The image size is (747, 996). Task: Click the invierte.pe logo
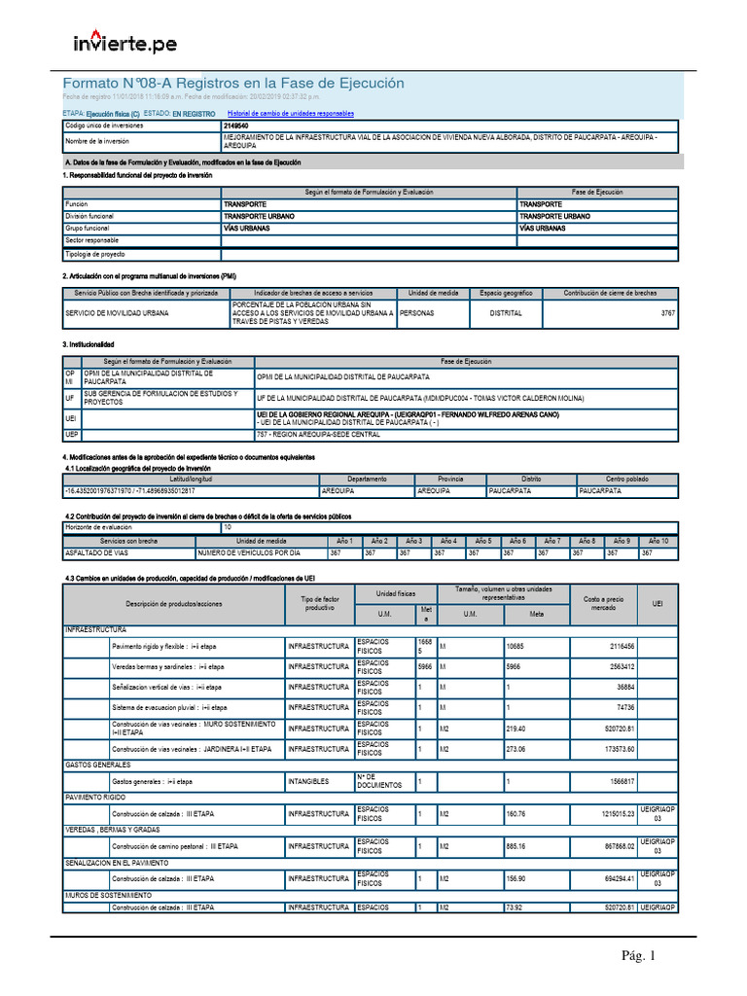point(125,43)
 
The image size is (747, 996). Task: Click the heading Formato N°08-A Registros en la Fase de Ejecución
point(233,84)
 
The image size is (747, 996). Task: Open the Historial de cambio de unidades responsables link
point(290,114)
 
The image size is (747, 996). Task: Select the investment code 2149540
point(235,125)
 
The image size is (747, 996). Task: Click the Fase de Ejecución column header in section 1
point(596,193)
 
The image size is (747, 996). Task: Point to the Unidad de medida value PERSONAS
point(418,313)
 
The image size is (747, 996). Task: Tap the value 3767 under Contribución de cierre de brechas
point(667,313)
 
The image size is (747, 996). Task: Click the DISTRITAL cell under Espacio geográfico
point(505,313)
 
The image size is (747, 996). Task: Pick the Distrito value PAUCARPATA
point(510,491)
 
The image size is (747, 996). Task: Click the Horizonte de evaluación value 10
point(228,526)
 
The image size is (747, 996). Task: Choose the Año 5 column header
point(481,541)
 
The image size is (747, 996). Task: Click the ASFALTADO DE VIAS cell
point(95,552)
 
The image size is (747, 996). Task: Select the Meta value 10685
point(516,646)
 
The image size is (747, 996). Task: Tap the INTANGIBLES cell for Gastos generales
point(313,781)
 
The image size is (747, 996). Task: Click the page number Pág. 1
point(640,956)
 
